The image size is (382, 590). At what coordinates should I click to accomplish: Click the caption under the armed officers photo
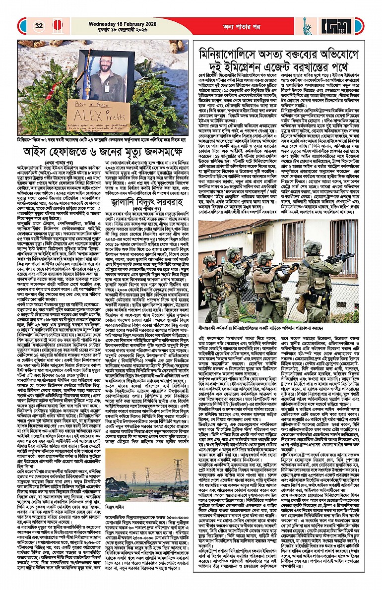coord(278,328)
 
